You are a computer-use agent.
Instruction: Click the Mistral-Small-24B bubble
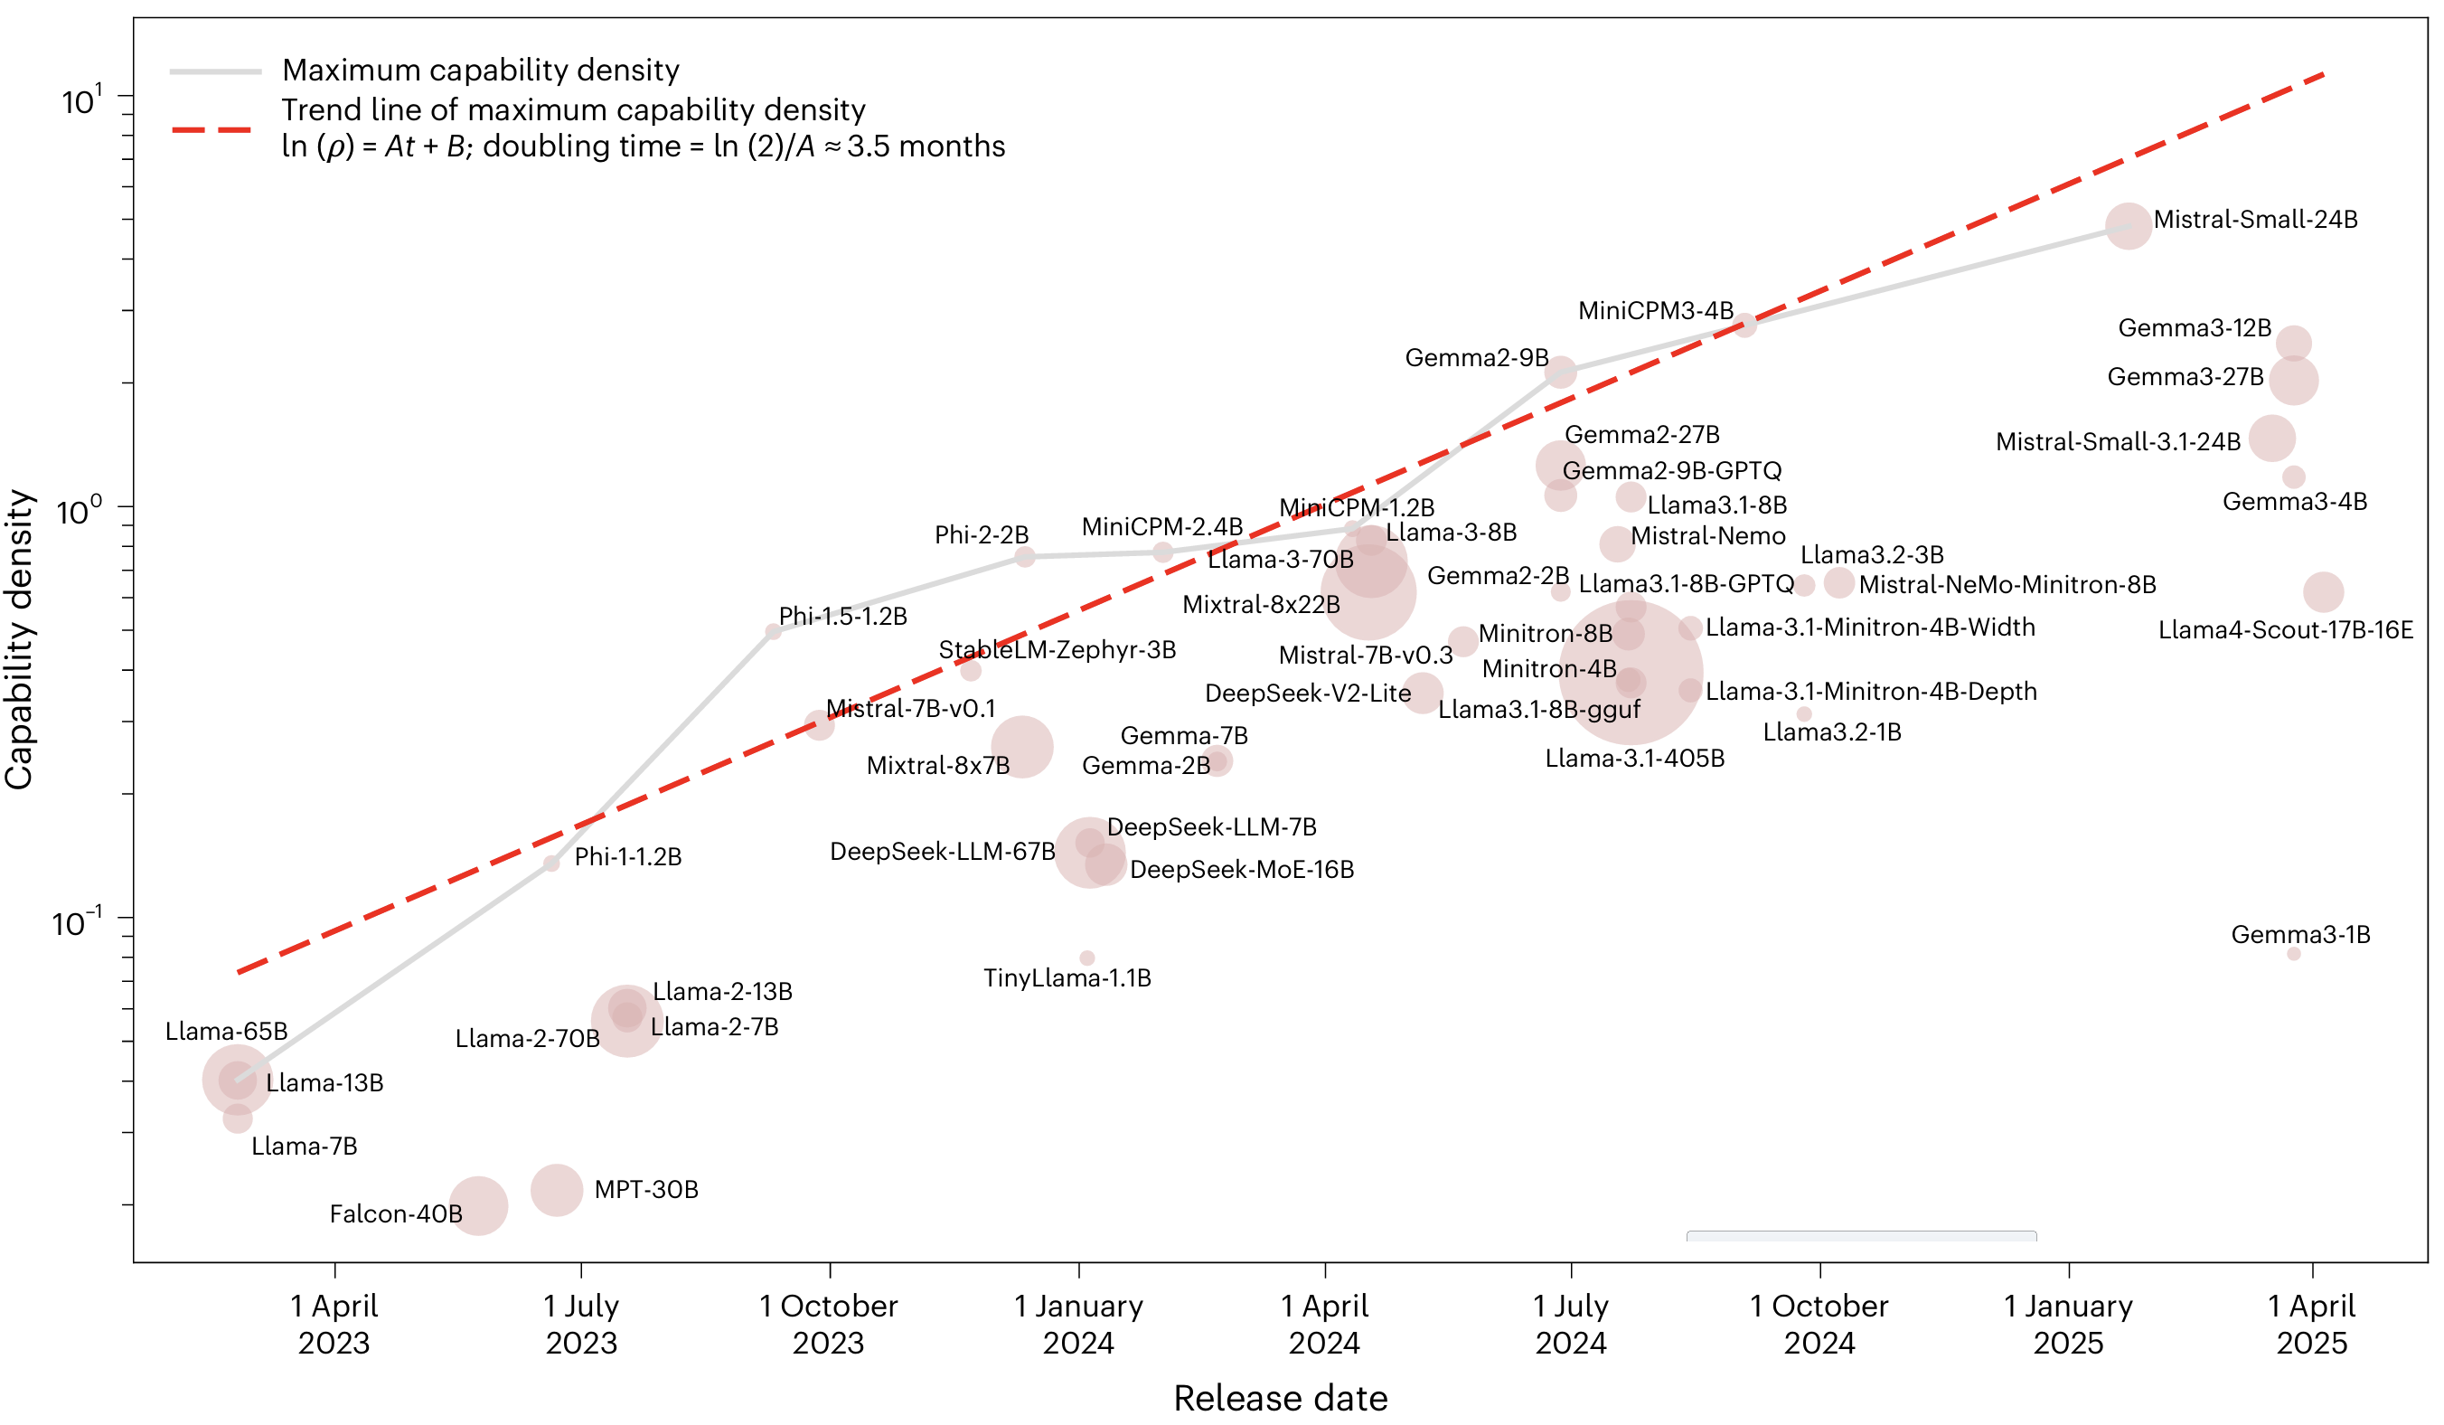(x=2128, y=226)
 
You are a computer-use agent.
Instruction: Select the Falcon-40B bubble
(x=478, y=1206)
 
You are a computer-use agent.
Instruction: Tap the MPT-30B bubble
(x=557, y=1189)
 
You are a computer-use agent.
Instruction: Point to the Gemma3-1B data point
(x=2293, y=954)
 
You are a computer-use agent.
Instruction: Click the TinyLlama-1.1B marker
(x=1087, y=958)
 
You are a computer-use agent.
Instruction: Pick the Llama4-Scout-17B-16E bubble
(x=2323, y=591)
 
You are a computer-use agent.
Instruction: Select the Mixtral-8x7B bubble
(x=1022, y=747)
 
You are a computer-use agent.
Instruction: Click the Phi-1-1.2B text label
(x=627, y=856)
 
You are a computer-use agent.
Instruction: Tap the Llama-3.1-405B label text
(x=1634, y=759)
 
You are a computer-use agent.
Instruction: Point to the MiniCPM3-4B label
(x=1655, y=310)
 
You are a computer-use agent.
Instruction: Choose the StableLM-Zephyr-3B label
(x=1057, y=650)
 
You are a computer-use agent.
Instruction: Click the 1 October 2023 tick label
(x=828, y=1323)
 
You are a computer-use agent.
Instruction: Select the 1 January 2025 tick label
(x=2068, y=1323)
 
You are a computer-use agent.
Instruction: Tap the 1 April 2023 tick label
(x=334, y=1323)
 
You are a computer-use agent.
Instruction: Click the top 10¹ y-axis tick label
(x=81, y=100)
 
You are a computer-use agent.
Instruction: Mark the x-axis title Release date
(x=1280, y=1398)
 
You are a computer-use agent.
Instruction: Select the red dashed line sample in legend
(x=211, y=129)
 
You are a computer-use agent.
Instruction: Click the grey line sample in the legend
(x=215, y=71)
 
